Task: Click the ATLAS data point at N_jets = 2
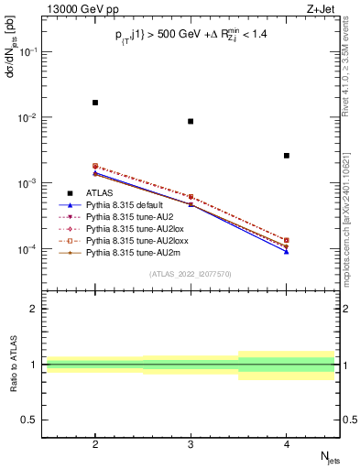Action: click(x=95, y=103)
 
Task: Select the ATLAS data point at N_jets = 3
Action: click(x=191, y=121)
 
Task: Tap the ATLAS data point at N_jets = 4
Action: click(x=287, y=156)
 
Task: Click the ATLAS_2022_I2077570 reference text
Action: click(x=191, y=273)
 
